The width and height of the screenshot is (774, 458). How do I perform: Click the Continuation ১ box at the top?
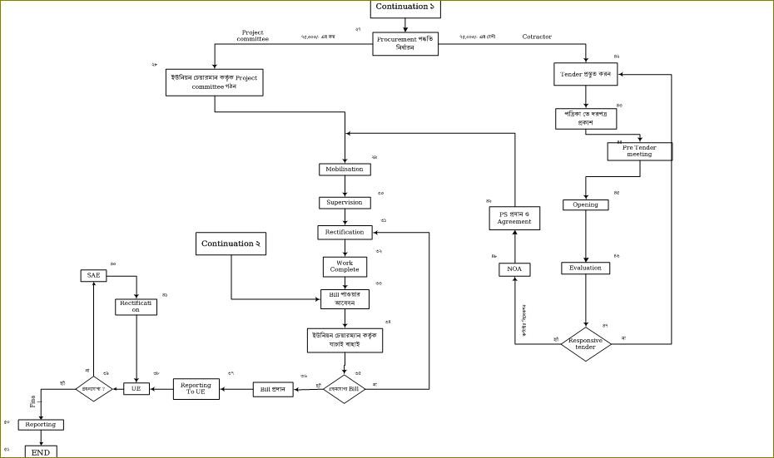[405, 7]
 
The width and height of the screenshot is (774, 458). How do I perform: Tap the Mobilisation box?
[344, 170]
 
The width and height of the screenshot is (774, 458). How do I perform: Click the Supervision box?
[344, 202]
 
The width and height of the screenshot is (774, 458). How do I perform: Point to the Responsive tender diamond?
[586, 342]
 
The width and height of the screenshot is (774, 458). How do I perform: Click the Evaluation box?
[585, 268]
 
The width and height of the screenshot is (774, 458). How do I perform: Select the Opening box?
[585, 204]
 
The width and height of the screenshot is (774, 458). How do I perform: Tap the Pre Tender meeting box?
[639, 151]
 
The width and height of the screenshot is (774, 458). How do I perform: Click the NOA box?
[515, 269]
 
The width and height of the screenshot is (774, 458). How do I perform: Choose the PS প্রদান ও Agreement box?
[514, 218]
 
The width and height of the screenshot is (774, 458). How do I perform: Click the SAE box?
[93, 275]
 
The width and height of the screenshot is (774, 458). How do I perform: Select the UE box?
[136, 388]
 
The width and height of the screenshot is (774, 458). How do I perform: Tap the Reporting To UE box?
[196, 388]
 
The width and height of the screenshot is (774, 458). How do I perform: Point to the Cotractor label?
[537, 37]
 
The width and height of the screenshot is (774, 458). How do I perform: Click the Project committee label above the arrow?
[252, 36]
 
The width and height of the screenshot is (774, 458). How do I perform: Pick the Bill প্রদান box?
[274, 389]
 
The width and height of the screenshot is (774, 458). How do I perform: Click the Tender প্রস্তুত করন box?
[587, 75]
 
